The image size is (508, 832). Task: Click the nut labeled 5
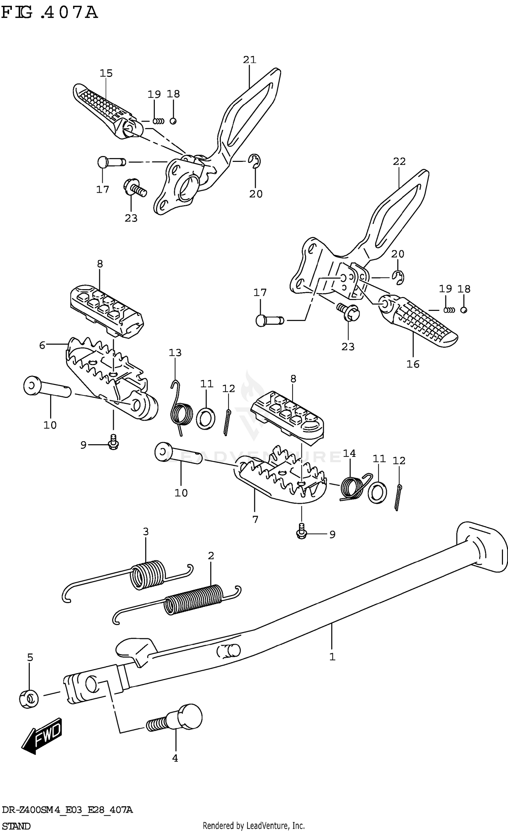29,699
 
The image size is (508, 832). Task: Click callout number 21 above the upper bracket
250,60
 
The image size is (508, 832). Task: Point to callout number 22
399,162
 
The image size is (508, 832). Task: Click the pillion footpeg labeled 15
105,108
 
